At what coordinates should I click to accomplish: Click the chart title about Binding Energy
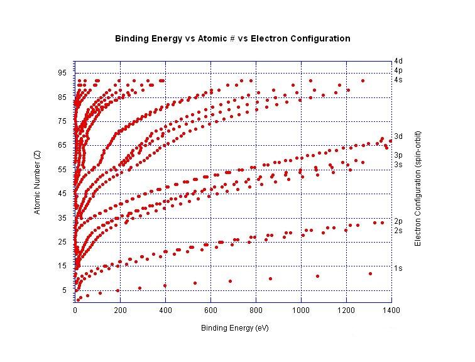click(x=232, y=38)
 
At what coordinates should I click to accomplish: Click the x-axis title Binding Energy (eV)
click(x=232, y=328)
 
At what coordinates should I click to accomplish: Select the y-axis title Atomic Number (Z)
click(x=37, y=182)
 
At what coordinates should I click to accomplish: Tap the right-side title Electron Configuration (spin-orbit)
click(x=417, y=189)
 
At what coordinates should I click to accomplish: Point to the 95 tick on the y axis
click(x=62, y=73)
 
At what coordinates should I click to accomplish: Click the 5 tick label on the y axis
click(x=63, y=290)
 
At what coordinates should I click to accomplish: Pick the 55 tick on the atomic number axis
click(x=62, y=170)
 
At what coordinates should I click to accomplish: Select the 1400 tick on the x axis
click(x=391, y=310)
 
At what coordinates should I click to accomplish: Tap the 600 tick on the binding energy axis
click(x=210, y=310)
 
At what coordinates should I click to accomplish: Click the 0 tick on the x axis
click(x=75, y=310)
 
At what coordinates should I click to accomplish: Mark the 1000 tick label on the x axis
click(x=301, y=310)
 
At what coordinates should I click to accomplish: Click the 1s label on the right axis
click(x=398, y=268)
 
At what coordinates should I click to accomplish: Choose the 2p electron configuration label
click(x=398, y=221)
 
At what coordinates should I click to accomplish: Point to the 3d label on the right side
click(x=398, y=136)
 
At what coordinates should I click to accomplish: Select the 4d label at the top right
click(x=398, y=61)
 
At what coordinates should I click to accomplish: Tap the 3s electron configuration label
click(x=398, y=165)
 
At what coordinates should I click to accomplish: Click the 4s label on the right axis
click(x=398, y=80)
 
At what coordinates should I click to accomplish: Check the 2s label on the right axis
click(x=398, y=231)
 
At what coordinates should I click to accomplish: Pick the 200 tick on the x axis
click(x=120, y=310)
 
